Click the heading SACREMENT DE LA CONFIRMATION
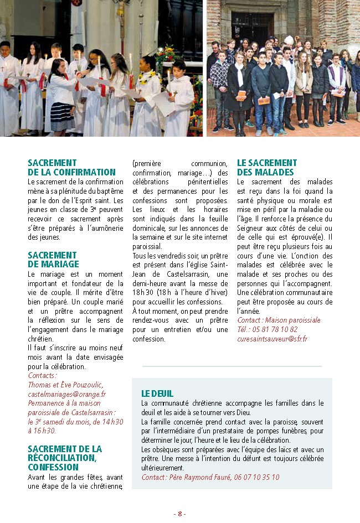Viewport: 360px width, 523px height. pos(71,168)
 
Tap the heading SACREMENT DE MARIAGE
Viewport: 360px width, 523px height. pos(53,260)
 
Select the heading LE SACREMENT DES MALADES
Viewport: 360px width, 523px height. pos(267,168)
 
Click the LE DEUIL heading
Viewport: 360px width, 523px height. pos(157,393)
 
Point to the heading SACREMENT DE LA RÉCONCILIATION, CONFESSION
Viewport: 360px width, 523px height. pos(65,458)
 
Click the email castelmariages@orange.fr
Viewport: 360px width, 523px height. pos(66,394)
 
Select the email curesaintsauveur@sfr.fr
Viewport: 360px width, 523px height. pos(272,339)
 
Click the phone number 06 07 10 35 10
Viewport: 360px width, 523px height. pos(256,477)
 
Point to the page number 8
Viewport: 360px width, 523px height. pos(179,513)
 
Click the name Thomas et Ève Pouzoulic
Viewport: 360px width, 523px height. pos(65,385)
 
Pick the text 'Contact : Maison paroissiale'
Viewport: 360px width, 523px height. pos(279,320)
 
